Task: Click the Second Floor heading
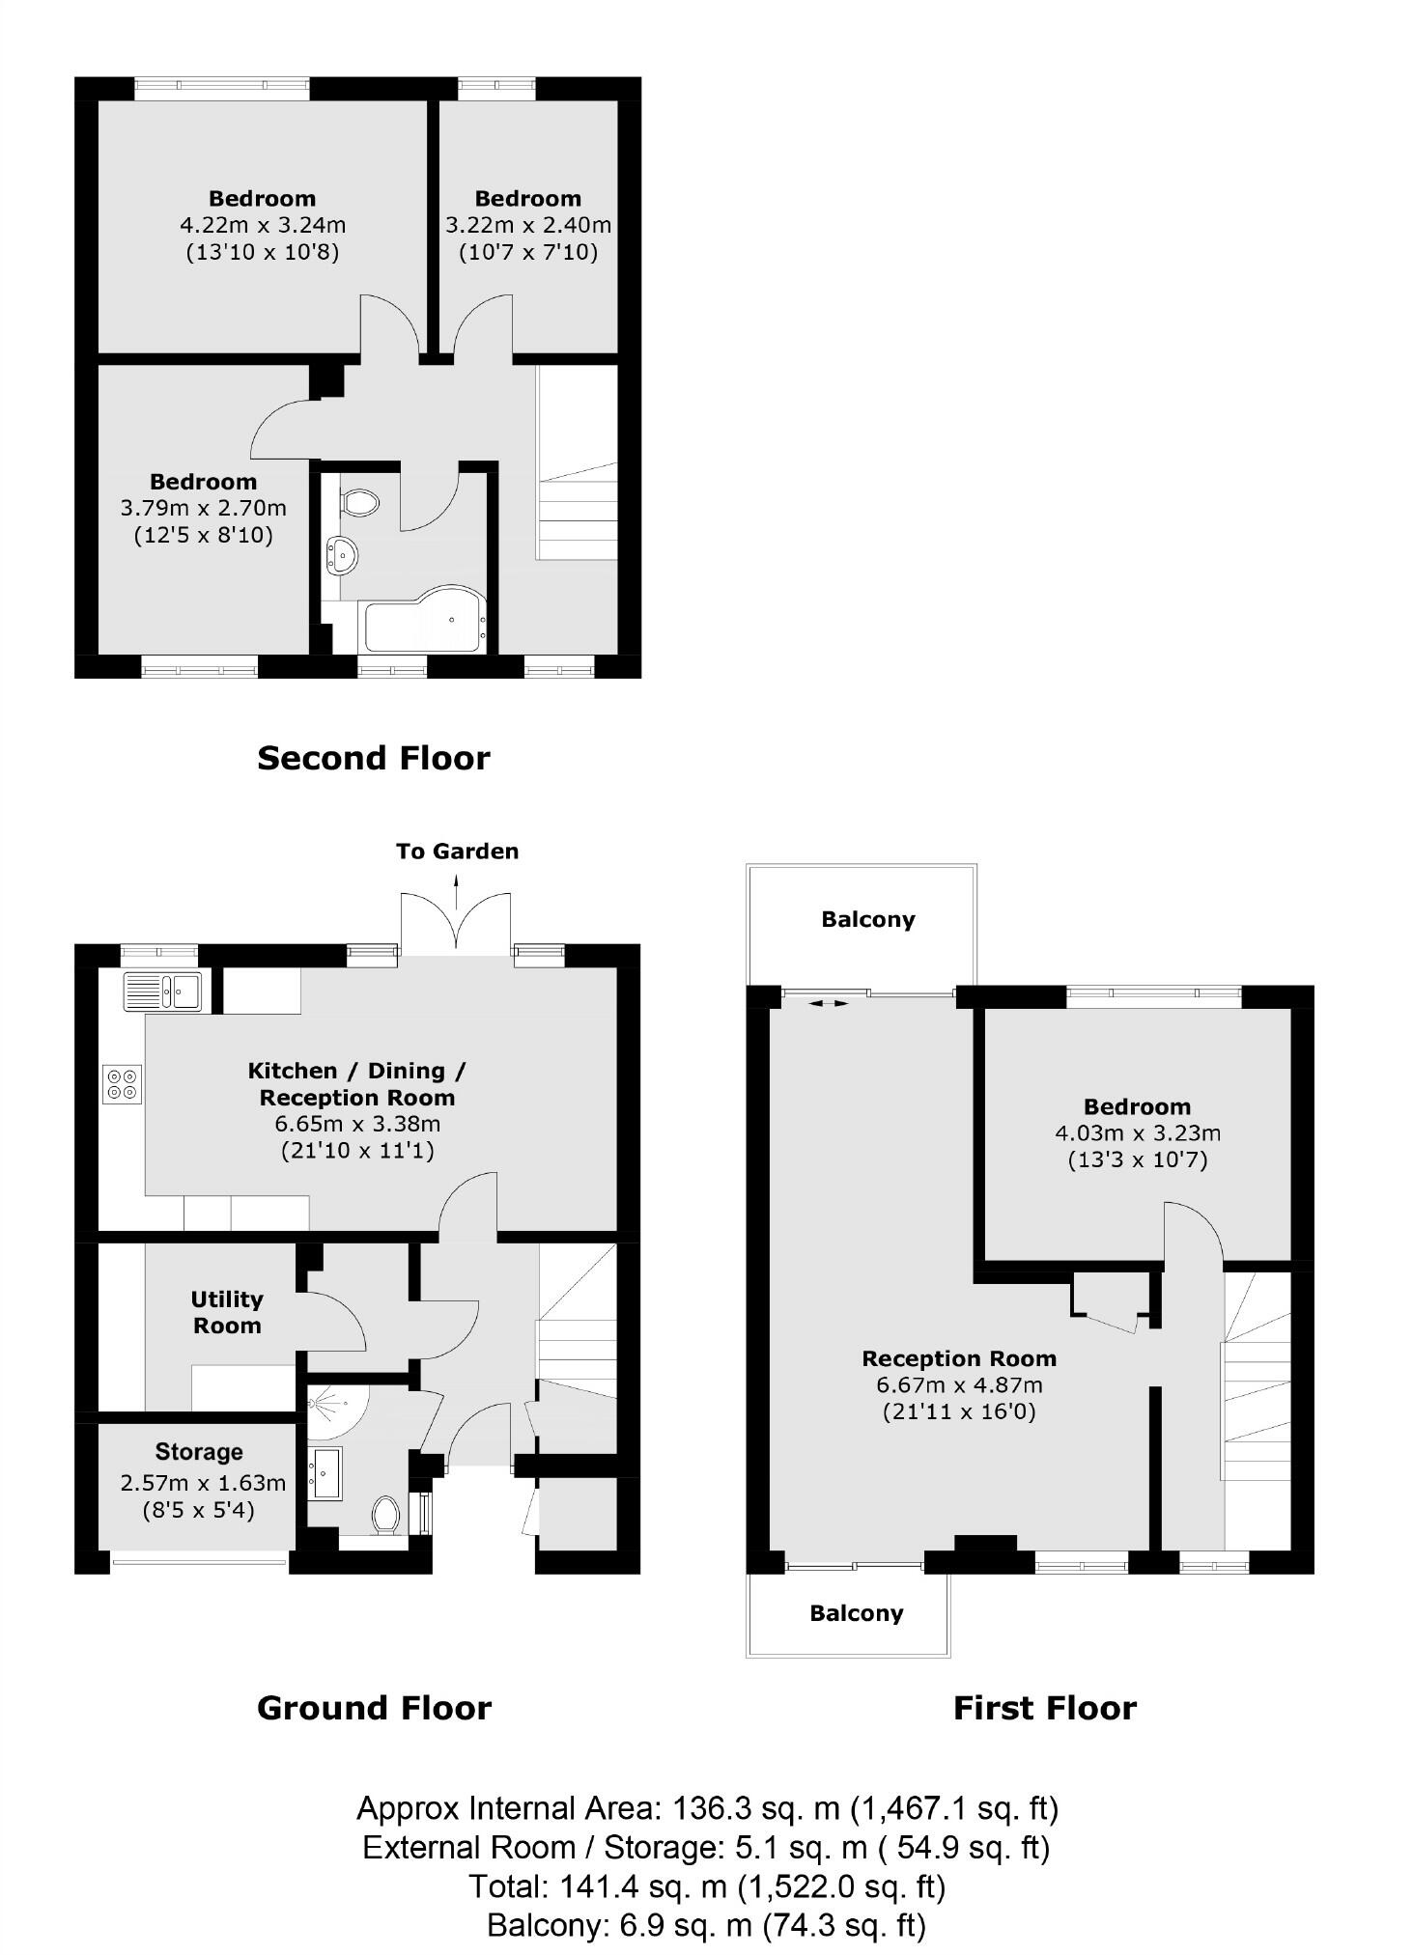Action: [373, 758]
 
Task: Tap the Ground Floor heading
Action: [374, 1708]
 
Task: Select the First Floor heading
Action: [1044, 1708]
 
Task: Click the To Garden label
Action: [457, 851]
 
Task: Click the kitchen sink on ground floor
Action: [162, 991]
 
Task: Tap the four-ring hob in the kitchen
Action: [123, 1083]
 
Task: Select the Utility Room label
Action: [227, 1312]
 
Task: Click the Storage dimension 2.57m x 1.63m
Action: [203, 1482]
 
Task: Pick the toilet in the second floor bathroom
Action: [359, 502]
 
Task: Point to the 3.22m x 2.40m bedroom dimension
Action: [527, 225]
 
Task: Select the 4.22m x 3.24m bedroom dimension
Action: [263, 225]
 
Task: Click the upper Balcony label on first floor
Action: [867, 919]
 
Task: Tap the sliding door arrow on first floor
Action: [828, 1004]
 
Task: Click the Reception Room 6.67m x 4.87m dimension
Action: [959, 1384]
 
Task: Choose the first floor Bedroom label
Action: [1137, 1106]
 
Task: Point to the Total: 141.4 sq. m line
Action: [706, 1885]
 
